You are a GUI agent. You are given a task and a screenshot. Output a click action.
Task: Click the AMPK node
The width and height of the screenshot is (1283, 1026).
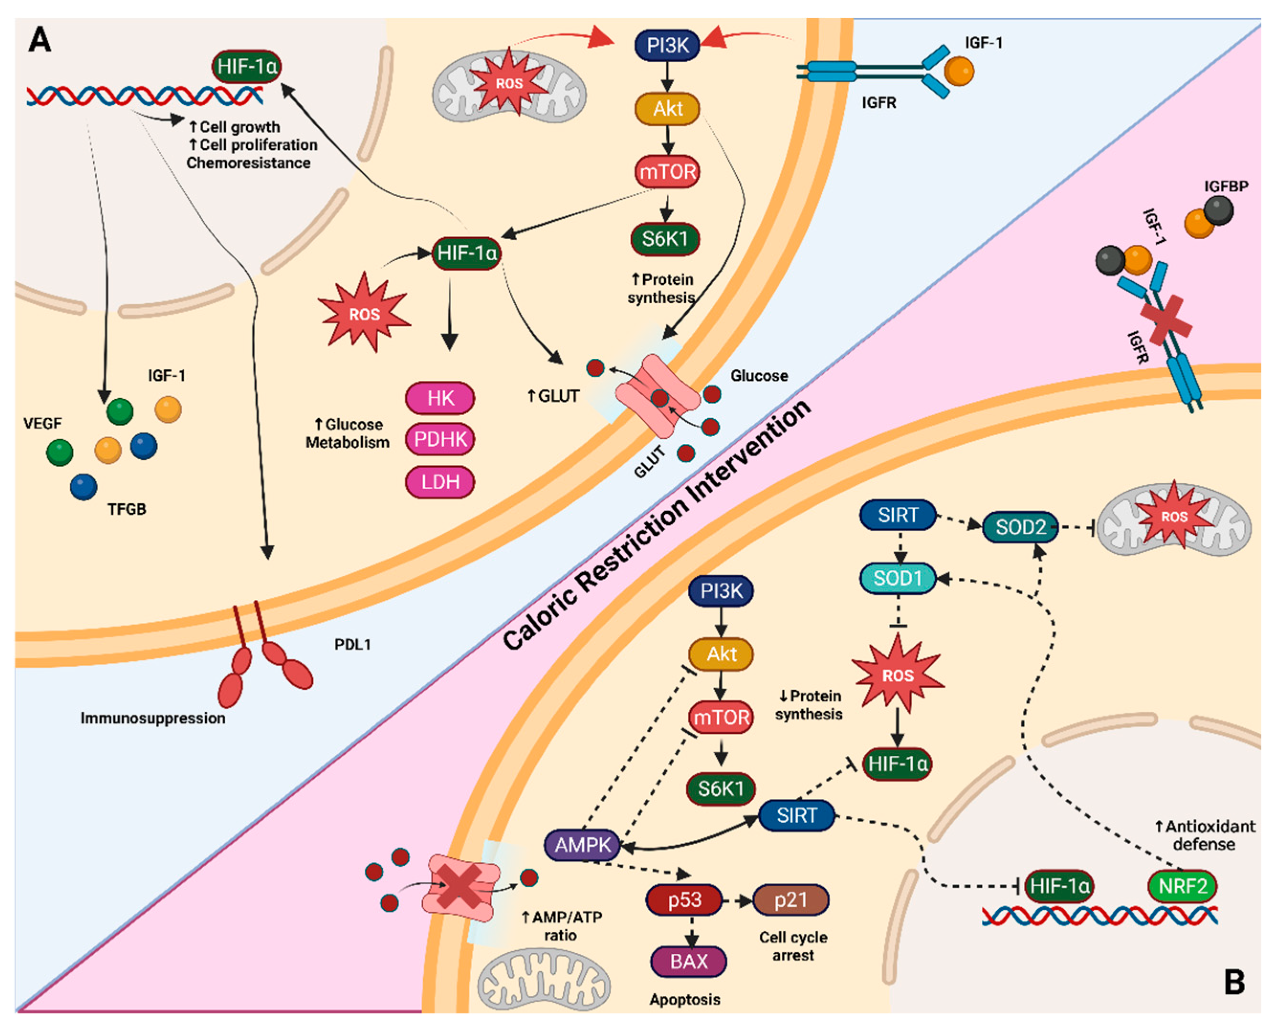click(582, 845)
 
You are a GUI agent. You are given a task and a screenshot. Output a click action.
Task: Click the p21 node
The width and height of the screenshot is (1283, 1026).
click(791, 900)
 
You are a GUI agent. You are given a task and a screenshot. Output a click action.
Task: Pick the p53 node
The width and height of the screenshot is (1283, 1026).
click(684, 900)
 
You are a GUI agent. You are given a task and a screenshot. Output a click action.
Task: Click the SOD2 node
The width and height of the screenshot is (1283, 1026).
click(1020, 527)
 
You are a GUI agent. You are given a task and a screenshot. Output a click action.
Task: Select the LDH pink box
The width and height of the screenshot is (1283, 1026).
click(440, 482)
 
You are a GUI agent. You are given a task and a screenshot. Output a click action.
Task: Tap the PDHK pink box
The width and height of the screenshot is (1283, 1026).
click(440, 439)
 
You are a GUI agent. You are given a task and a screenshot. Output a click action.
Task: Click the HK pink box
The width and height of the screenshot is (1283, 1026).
click(440, 397)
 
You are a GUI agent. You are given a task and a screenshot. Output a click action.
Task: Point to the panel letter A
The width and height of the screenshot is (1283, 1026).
click(40, 41)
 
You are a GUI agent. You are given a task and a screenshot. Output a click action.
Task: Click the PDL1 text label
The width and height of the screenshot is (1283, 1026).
click(352, 644)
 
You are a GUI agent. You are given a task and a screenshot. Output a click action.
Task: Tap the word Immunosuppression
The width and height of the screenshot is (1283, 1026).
click(153, 718)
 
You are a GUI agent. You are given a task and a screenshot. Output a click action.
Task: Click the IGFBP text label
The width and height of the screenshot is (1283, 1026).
click(1226, 186)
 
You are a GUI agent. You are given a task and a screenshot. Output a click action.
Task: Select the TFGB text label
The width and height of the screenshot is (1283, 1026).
click(127, 509)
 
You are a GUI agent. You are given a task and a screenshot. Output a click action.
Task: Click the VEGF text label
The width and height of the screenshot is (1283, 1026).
click(42, 423)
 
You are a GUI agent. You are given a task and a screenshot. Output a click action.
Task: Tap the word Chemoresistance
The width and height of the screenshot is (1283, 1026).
click(248, 163)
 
